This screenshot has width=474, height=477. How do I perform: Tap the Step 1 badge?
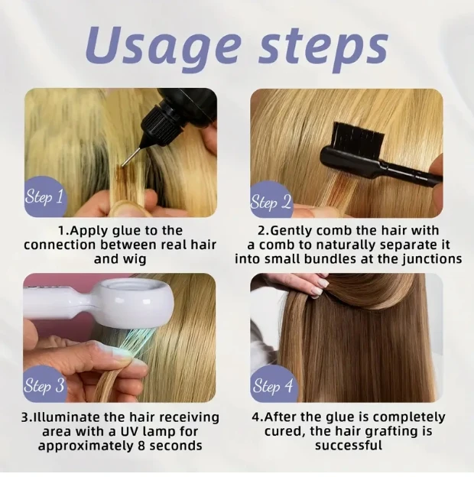click(x=44, y=196)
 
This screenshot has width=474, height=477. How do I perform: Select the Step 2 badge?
click(x=271, y=200)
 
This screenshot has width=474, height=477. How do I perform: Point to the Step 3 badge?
click(x=44, y=385)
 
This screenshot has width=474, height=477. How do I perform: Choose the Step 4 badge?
click(x=273, y=385)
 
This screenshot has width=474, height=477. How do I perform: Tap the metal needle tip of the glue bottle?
click(x=123, y=165)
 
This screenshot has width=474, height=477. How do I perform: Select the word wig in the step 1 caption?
click(x=135, y=260)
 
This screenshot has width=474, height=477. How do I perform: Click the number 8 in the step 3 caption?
click(x=138, y=446)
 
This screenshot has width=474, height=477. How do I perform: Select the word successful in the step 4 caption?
click(x=349, y=446)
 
